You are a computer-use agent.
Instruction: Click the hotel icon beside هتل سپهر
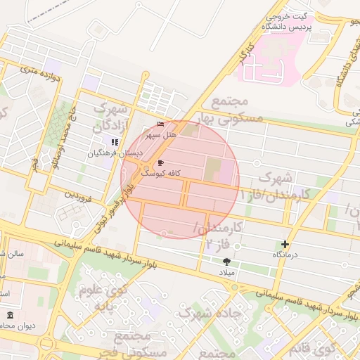click(x=161, y=124)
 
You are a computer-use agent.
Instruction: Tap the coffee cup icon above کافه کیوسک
click(x=161, y=162)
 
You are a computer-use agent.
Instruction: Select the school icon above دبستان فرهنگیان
click(x=115, y=142)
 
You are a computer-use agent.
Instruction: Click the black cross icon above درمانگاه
click(x=285, y=244)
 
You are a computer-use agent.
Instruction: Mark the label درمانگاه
click(x=286, y=254)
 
